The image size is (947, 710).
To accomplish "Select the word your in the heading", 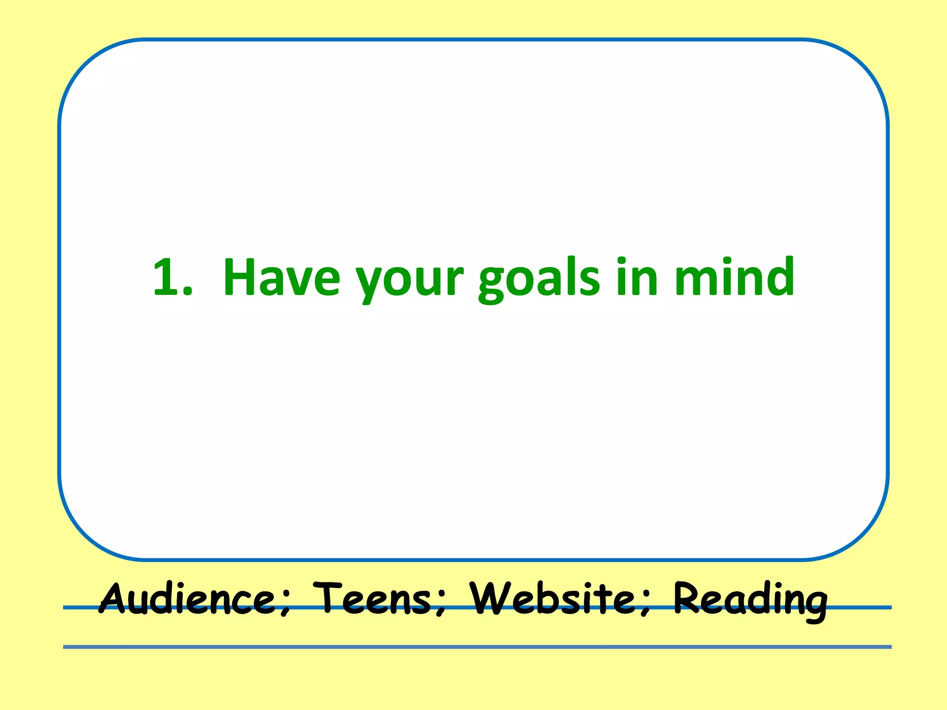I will (409, 280).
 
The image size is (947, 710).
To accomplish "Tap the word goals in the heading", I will (539, 280).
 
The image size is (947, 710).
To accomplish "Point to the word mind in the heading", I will (734, 277).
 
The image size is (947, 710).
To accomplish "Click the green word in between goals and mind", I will (637, 277).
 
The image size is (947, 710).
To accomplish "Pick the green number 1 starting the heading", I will (165, 277).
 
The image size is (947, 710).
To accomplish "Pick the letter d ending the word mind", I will (779, 276).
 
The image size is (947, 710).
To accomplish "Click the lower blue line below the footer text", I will (476, 647).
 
